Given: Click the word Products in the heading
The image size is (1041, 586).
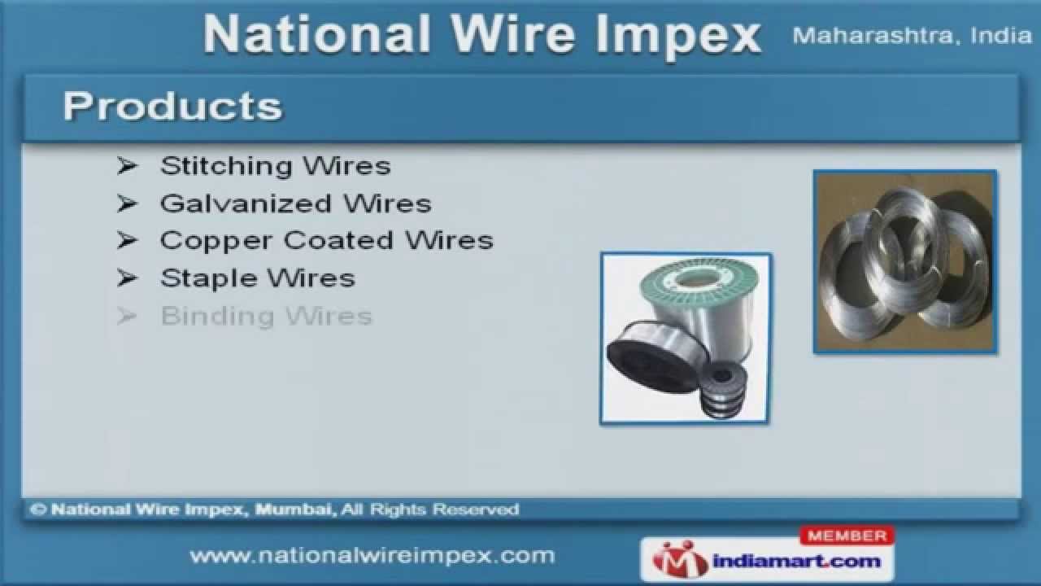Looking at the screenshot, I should click(172, 107).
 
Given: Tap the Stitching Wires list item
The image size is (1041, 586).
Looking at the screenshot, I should click(275, 166).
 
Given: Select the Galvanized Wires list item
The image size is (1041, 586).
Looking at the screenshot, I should click(295, 203).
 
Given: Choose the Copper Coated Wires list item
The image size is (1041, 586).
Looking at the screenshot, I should click(326, 241).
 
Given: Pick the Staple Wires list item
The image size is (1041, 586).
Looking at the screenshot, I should click(257, 278).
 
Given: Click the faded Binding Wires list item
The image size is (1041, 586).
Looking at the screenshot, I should click(266, 316).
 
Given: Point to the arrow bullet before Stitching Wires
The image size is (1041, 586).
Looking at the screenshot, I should click(126, 166).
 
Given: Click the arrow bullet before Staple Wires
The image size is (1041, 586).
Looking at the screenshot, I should click(126, 278).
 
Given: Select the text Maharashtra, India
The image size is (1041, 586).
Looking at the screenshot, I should click(911, 36).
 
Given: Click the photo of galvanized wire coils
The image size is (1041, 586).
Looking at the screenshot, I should click(904, 261).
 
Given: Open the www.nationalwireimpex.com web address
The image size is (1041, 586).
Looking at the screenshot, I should click(372, 556).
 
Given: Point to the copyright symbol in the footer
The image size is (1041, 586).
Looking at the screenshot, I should click(37, 510).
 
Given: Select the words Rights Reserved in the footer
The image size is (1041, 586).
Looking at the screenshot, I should click(442, 510).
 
